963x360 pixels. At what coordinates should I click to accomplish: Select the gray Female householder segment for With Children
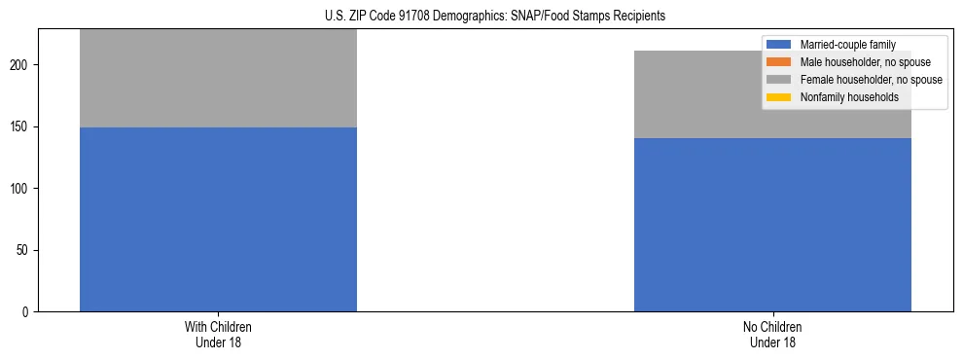[218, 78]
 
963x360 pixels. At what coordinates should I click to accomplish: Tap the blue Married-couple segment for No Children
[772, 224]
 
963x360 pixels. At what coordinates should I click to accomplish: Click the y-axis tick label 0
[29, 312]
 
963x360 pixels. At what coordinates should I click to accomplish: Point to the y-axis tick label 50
[26, 250]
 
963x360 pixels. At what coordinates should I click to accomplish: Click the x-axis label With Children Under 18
[218, 334]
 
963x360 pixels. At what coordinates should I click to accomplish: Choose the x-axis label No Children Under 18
[772, 334]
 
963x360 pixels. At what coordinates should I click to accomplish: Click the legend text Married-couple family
[847, 45]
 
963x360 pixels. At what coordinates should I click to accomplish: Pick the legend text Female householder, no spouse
[871, 80]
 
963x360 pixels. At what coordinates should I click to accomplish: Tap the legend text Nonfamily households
[849, 97]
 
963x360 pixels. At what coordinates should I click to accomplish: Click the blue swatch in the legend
[779, 45]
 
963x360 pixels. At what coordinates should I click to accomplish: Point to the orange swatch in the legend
[779, 62]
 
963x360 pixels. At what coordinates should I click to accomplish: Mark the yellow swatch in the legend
[779, 97]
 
